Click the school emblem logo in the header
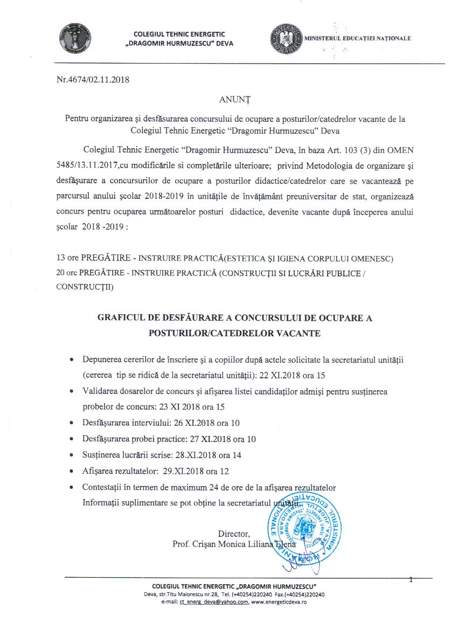(75, 39)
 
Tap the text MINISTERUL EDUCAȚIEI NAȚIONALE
(357, 39)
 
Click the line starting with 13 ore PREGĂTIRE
(225, 259)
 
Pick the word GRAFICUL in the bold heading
(120, 319)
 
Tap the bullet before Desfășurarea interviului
(72, 424)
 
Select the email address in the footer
(214, 601)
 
